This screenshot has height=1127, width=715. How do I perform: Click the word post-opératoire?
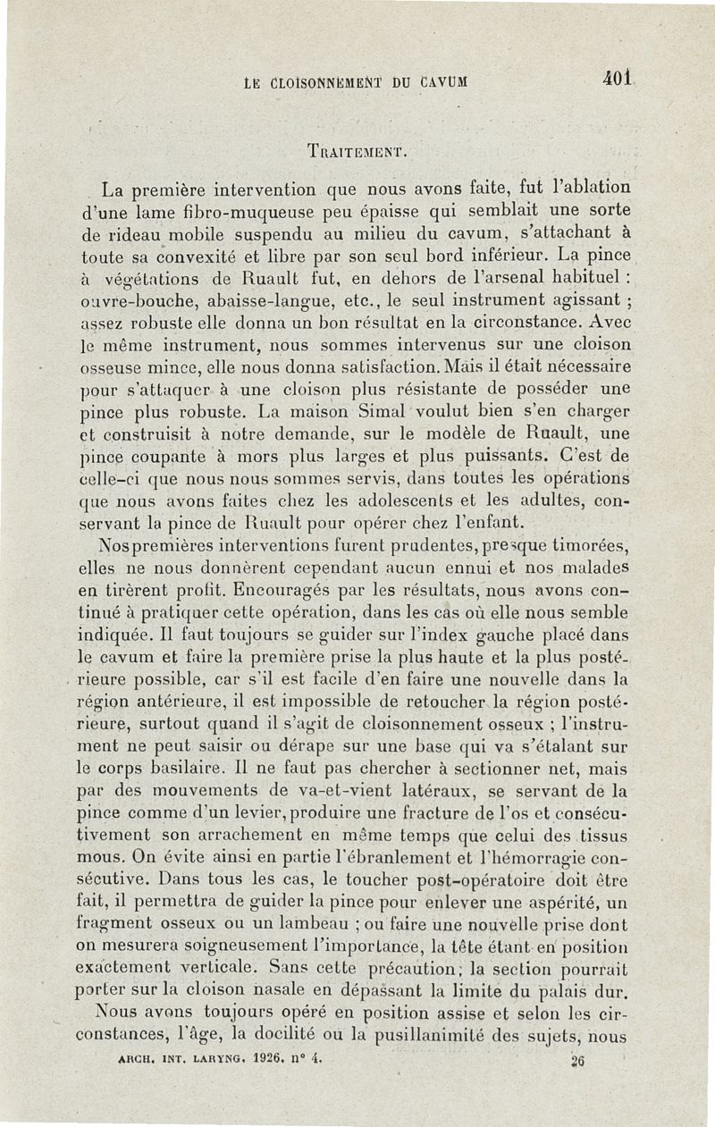(464, 880)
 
